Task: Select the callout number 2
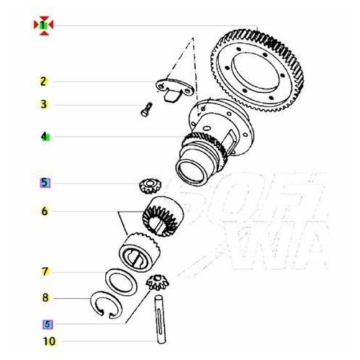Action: pyautogui.click(x=44, y=81)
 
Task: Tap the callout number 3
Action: pyautogui.click(x=44, y=104)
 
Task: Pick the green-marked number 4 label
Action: pyautogui.click(x=44, y=135)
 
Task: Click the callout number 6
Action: pyautogui.click(x=44, y=212)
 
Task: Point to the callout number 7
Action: pyautogui.click(x=44, y=271)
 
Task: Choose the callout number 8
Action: pyautogui.click(x=44, y=297)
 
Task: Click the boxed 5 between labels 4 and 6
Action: pyautogui.click(x=45, y=183)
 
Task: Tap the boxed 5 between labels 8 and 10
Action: pyautogui.click(x=47, y=324)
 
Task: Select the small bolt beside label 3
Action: pyautogui.click(x=144, y=109)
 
